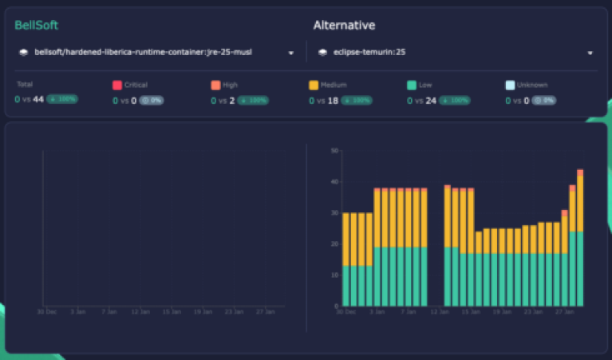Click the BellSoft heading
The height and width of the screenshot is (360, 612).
36,26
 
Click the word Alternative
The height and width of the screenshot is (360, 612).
344,26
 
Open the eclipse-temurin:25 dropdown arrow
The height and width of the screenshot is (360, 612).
590,53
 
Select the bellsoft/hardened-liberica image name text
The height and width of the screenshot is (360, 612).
143,53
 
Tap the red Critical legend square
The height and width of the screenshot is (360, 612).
116,85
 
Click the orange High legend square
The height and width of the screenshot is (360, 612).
215,85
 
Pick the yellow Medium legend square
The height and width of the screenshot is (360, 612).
314,85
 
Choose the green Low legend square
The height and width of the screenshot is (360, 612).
412,85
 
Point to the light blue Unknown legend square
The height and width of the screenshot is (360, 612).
510,85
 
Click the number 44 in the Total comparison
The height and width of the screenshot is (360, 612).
38,100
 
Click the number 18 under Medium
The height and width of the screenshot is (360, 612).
333,101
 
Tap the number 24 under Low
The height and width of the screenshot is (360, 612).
431,101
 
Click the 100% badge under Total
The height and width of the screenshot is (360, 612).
61,100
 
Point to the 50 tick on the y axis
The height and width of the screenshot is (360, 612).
335,150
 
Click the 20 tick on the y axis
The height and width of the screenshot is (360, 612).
335,243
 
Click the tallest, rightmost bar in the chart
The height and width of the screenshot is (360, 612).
580,239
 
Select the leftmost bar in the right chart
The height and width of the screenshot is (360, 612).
345,259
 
